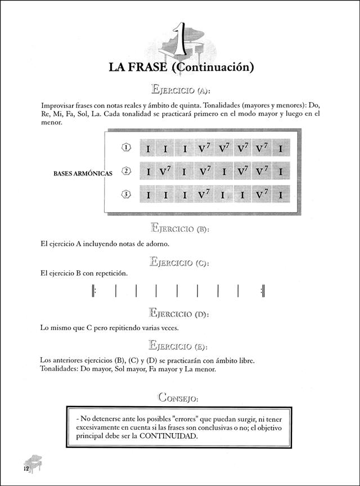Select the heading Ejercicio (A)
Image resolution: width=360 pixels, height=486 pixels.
pos(180,89)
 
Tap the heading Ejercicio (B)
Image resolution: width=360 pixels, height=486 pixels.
pos(180,228)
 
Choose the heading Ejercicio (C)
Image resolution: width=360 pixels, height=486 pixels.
pos(180,262)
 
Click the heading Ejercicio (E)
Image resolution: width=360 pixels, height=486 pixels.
pos(180,345)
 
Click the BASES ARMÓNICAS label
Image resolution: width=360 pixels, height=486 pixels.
pos(82,173)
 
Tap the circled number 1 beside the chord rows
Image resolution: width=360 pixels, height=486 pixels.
pos(126,148)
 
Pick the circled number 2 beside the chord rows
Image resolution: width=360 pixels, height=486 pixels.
pos(126,171)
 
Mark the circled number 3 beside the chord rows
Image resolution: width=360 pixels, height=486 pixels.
pos(126,195)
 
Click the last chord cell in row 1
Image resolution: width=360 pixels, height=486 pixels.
pos(280,149)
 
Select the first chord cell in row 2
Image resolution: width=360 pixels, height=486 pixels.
pos(148,172)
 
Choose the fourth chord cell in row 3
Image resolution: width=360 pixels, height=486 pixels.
pos(204,195)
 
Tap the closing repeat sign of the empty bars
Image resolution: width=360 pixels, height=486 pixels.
pos(263,291)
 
